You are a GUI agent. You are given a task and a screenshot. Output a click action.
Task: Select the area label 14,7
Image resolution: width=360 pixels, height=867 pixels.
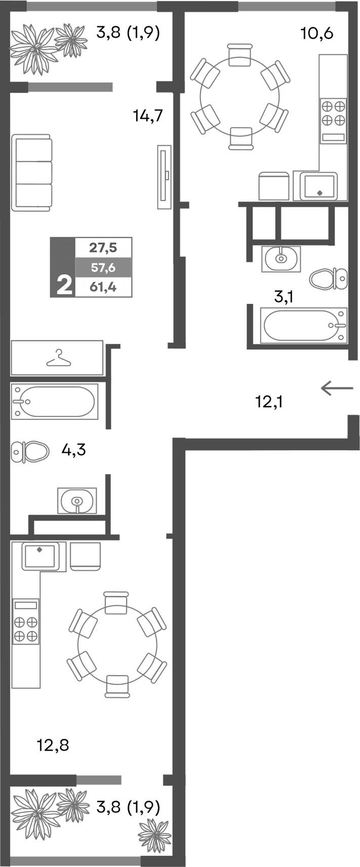click(x=147, y=116)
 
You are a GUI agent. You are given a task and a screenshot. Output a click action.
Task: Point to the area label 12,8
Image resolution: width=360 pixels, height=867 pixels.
click(x=53, y=745)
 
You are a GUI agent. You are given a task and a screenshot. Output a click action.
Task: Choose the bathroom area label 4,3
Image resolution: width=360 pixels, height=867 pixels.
click(x=73, y=449)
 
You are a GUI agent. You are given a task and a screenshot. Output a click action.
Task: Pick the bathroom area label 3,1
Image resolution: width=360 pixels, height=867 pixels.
click(x=284, y=297)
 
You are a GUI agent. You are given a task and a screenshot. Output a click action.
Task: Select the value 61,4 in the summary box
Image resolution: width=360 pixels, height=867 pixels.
click(x=103, y=287)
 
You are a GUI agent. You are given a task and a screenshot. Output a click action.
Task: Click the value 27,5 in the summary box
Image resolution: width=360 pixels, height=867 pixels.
click(x=103, y=248)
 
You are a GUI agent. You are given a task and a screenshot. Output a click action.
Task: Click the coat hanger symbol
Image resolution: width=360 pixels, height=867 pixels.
click(x=58, y=358)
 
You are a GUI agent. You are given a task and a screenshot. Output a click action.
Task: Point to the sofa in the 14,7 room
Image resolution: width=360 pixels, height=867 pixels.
click(x=32, y=173)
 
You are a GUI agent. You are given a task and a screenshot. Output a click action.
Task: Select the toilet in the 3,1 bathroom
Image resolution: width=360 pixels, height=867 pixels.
click(x=329, y=278)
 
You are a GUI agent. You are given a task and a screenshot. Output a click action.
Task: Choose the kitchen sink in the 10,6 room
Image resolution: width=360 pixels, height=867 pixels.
click(x=318, y=186)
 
